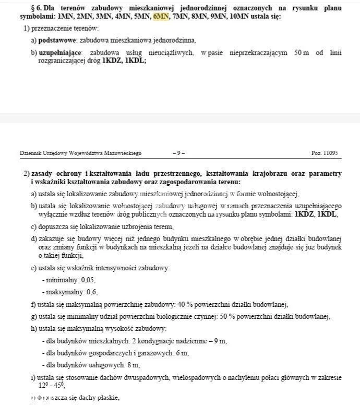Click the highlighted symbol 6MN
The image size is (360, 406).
(x=161, y=17)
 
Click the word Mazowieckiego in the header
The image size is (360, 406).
(x=122, y=153)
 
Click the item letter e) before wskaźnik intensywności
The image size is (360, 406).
(x=33, y=268)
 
